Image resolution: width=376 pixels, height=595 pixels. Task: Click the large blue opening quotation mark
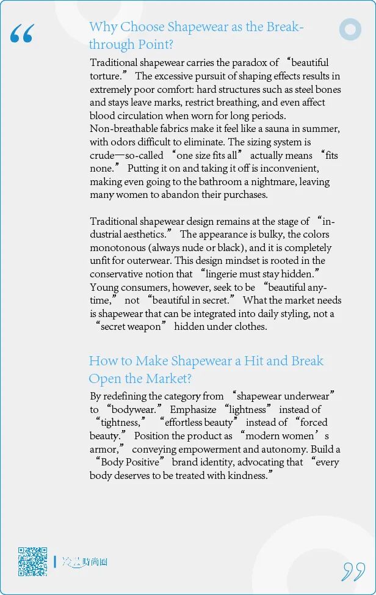(x=22, y=35)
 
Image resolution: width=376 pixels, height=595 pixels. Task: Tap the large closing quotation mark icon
(x=353, y=571)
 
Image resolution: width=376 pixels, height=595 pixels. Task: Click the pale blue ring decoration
(x=350, y=29)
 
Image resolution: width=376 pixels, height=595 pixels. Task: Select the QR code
(x=32, y=561)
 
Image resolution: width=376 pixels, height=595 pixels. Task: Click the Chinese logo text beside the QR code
(x=85, y=562)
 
